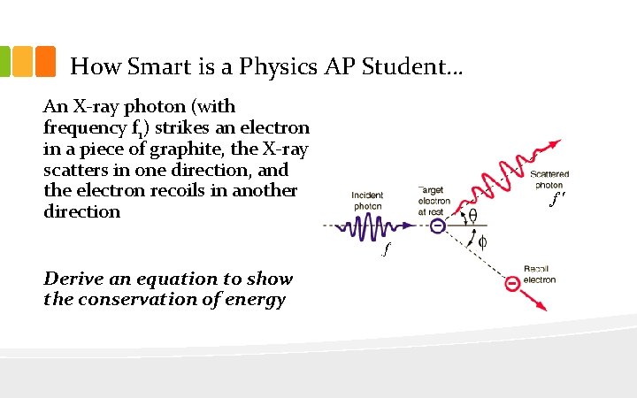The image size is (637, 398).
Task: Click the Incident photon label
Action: coord(367,200)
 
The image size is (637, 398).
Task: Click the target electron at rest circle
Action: coord(437,226)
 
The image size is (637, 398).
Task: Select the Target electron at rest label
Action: coord(434,201)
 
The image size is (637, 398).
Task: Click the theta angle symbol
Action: coord(472,215)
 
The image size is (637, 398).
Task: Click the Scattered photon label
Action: coord(549,180)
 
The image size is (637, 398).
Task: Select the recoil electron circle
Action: coord(511,283)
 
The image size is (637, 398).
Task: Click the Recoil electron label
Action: coord(539,274)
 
